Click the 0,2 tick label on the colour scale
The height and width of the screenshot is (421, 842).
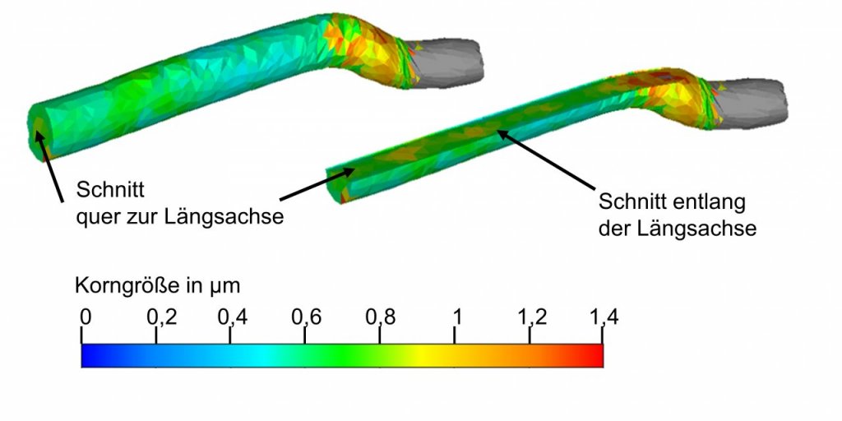point(161,317)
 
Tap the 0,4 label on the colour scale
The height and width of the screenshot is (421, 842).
point(232,317)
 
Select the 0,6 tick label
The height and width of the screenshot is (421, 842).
point(306,317)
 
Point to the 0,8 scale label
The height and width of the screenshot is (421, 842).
point(381,317)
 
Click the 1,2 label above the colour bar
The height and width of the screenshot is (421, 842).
point(533,317)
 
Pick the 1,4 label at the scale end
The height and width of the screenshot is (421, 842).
point(604,317)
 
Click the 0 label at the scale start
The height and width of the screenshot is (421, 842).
point(86,317)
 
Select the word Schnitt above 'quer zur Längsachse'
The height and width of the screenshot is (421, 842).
point(111,190)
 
